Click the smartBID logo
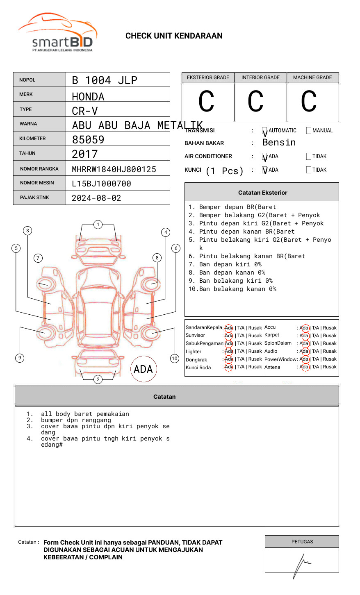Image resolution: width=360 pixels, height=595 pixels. coord(57,33)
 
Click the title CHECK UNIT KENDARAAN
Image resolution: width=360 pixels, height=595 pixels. coord(174,36)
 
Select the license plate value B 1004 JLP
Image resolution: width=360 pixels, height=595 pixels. coord(105,80)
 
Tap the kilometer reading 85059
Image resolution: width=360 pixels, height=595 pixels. coord(88,140)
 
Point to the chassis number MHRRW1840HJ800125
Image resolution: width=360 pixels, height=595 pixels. coord(114,169)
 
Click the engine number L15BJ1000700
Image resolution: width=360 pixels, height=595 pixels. coord(101,184)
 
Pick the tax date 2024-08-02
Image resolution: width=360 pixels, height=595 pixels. coord(96,198)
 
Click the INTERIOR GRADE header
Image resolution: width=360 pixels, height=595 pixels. coord(260,77)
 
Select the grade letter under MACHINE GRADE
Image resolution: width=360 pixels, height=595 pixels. coord(309,102)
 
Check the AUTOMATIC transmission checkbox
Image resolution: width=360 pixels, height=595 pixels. coord(264,131)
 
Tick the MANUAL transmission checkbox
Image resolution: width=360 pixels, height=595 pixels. coord(309,131)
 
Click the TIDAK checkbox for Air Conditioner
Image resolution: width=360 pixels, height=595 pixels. coord(309,157)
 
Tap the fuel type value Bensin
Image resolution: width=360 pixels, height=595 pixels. coord(279,143)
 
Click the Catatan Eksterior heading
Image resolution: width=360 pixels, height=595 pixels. coord(262,193)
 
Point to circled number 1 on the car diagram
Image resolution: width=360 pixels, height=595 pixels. coord(98,225)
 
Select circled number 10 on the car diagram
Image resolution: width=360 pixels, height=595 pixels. coord(175,359)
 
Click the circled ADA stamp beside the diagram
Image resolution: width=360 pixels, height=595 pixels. coord(143,369)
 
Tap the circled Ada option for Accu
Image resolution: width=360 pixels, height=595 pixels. coord(304,328)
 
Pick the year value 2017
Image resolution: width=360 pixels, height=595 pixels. coord(85,154)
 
